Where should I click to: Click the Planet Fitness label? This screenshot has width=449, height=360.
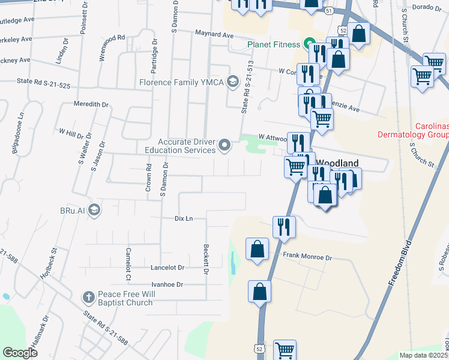(273, 44)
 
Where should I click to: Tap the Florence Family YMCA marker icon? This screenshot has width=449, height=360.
(232, 82)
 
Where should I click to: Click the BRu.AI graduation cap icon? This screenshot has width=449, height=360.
(94, 209)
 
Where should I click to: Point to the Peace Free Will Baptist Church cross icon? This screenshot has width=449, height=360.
(88, 296)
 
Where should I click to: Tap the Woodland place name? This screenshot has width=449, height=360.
(337, 163)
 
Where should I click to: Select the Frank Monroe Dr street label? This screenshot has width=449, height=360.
(307, 257)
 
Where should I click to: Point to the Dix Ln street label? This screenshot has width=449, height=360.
(183, 218)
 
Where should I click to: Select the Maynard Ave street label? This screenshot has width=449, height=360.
(213, 35)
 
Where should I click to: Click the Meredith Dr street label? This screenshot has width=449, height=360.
(91, 104)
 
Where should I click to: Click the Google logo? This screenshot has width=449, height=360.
(20, 352)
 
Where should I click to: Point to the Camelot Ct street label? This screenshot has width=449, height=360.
(128, 264)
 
